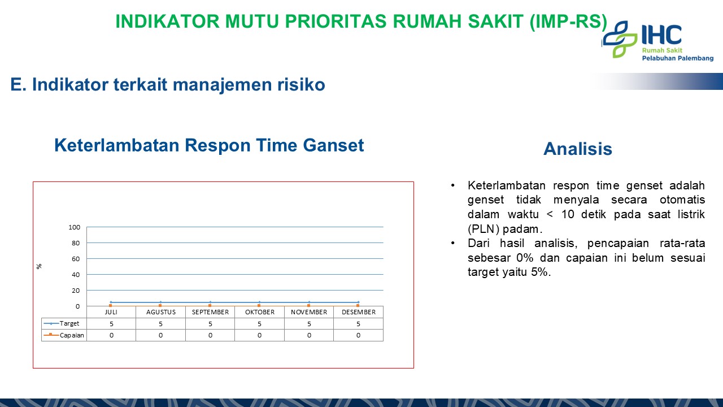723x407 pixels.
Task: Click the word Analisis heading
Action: pyautogui.click(x=578, y=149)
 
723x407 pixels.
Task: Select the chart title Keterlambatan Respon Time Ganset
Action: pyautogui.click(x=209, y=145)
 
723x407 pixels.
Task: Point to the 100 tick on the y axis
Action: pyautogui.click(x=74, y=227)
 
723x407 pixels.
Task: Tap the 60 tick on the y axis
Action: pyautogui.click(x=76, y=259)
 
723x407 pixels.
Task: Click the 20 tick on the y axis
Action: pyautogui.click(x=76, y=291)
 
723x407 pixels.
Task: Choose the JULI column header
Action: pyautogui.click(x=111, y=312)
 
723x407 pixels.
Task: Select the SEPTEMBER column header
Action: pyautogui.click(x=210, y=312)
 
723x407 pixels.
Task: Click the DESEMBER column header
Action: pyautogui.click(x=359, y=312)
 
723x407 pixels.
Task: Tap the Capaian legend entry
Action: pyautogui.click(x=64, y=335)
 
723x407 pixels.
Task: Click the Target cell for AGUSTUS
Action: pyautogui.click(x=161, y=324)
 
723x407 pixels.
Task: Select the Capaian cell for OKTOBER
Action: pyautogui.click(x=259, y=335)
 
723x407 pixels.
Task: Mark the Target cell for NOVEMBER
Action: pyautogui.click(x=309, y=324)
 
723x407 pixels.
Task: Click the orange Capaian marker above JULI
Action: pyautogui.click(x=111, y=305)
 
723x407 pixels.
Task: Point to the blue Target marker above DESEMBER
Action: pyautogui.click(x=358, y=302)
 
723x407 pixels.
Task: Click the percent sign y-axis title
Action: pyautogui.click(x=39, y=266)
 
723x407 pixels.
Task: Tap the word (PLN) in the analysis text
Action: pyautogui.click(x=484, y=229)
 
